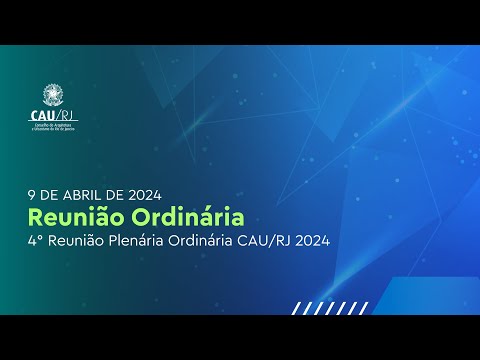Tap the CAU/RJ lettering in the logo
click(x=55, y=115)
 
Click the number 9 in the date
click(x=35, y=194)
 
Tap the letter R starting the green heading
click(x=37, y=216)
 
